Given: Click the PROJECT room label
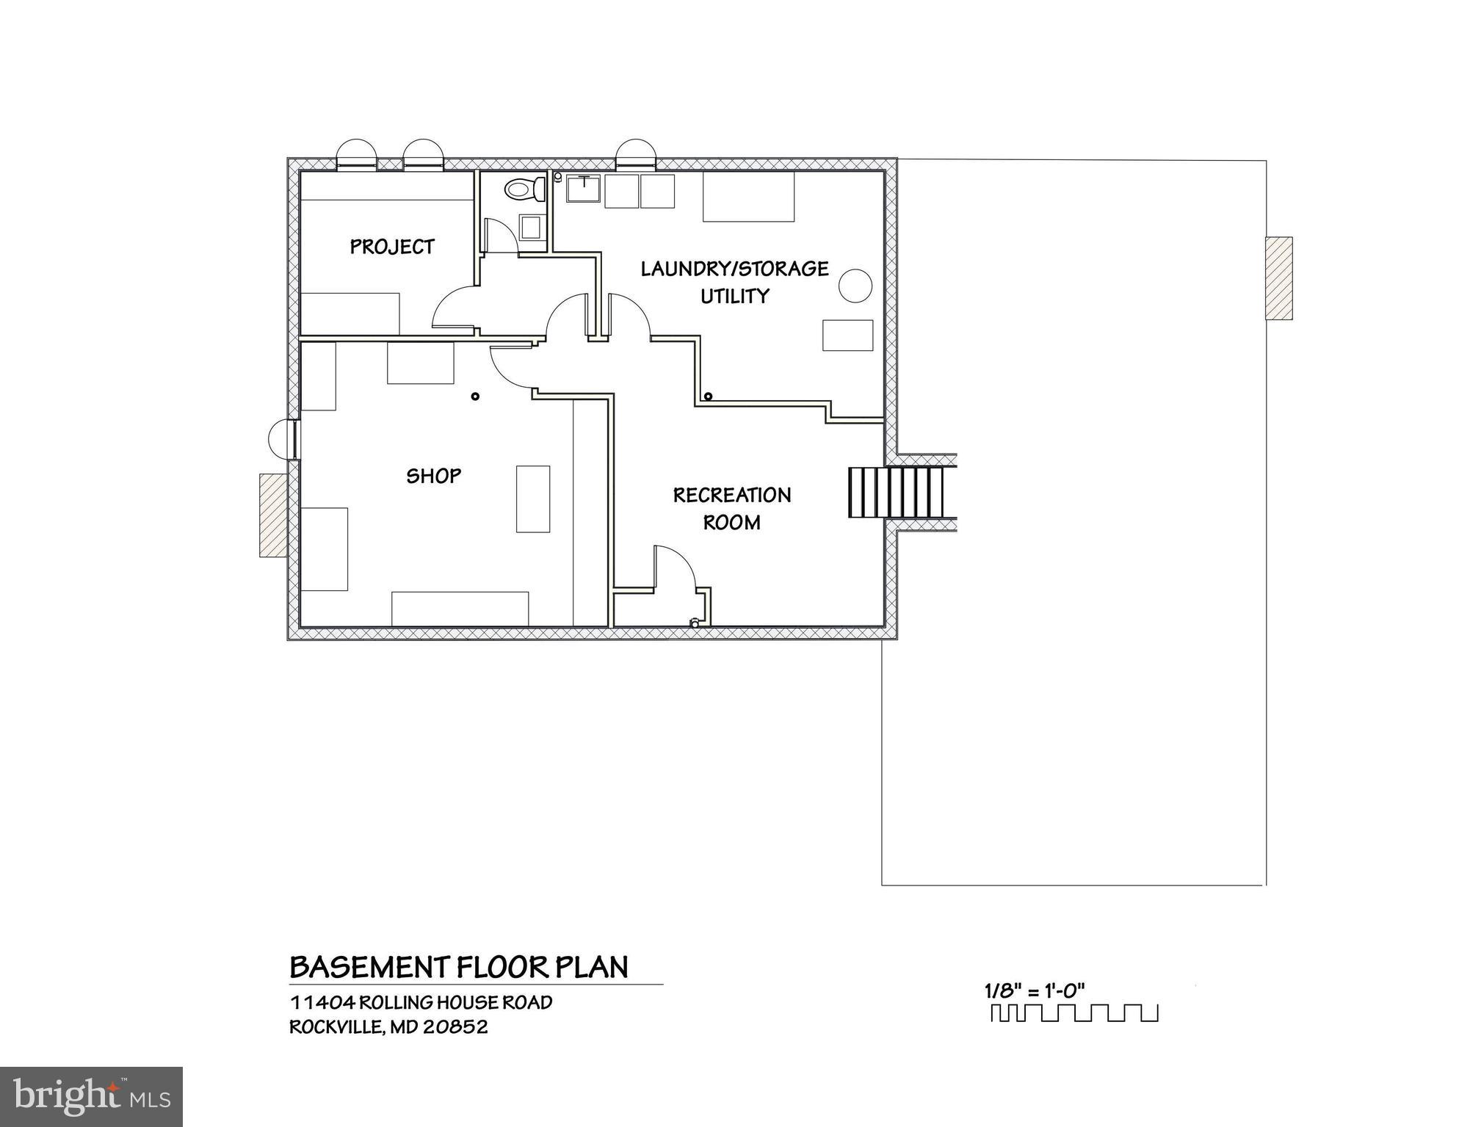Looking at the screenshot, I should pos(392,247).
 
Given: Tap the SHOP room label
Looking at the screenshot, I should pos(434,476).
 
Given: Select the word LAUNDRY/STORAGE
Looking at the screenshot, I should pos(734,269).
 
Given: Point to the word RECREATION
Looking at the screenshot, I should pos(732,496).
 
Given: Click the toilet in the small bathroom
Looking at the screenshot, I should pos(524,189).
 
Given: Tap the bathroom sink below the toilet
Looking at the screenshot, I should pos(531,227).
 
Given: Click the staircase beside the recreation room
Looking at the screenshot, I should pos(896,492).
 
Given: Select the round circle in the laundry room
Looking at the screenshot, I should pos(855,285).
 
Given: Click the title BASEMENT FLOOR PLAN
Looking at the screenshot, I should pos(459,968).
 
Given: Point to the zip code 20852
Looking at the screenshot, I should pos(455,1026).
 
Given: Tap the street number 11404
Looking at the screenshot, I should pos(322,1002).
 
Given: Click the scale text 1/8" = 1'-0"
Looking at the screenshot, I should pos(1034,990).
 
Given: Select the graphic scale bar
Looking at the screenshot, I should pos(1074,1013).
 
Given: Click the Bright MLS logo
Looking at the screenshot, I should pos(91,1096).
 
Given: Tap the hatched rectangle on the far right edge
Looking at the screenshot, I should pos(1278,278).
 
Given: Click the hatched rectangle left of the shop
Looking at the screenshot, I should pos(272,515).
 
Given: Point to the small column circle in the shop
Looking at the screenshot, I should pos(475,396).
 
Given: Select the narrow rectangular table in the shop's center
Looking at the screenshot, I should pos(532,499).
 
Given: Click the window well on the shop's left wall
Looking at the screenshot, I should pos(281,439).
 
